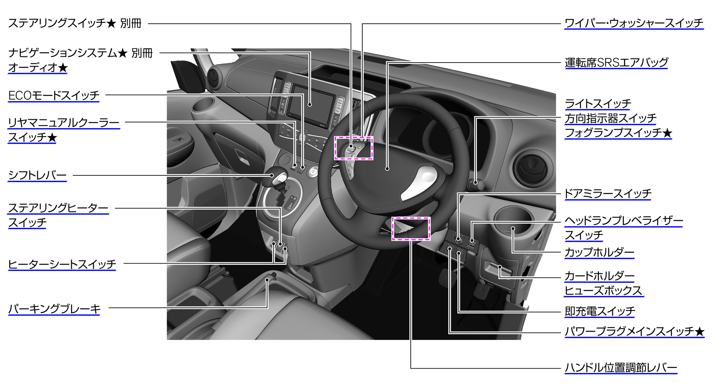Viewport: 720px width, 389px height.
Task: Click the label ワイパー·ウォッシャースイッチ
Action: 634,23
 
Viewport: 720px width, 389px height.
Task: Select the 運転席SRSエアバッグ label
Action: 616,63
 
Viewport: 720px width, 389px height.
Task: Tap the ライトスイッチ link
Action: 598,104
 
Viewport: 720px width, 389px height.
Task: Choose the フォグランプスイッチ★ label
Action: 618,133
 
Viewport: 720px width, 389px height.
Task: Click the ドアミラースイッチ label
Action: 608,194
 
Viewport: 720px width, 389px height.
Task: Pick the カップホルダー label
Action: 599,252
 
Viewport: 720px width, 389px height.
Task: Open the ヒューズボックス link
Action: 603,291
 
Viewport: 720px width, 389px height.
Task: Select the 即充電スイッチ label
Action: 600,311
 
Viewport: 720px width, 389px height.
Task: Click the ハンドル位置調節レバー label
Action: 621,368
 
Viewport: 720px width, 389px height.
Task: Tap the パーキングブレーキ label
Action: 54,309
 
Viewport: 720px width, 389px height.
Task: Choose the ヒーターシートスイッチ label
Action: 62,264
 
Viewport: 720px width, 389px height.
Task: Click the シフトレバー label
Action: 37,175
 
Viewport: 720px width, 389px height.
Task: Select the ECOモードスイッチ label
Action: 54,96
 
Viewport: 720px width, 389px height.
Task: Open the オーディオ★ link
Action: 38,68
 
